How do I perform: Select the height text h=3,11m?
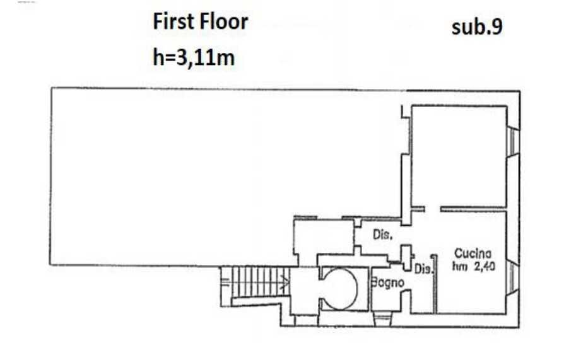click(194, 57)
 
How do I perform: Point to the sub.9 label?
click(477, 26)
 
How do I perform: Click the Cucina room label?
click(473, 253)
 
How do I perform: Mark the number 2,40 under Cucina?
click(485, 266)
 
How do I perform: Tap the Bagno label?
click(387, 282)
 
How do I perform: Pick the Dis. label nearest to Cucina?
click(423, 269)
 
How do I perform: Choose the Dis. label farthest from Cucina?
click(382, 235)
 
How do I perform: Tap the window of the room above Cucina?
click(513, 142)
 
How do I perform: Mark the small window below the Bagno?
click(382, 318)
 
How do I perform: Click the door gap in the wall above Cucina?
click(432, 209)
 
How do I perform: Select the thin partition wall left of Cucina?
click(435, 284)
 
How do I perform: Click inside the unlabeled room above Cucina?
click(459, 156)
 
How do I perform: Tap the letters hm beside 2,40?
click(459, 267)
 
